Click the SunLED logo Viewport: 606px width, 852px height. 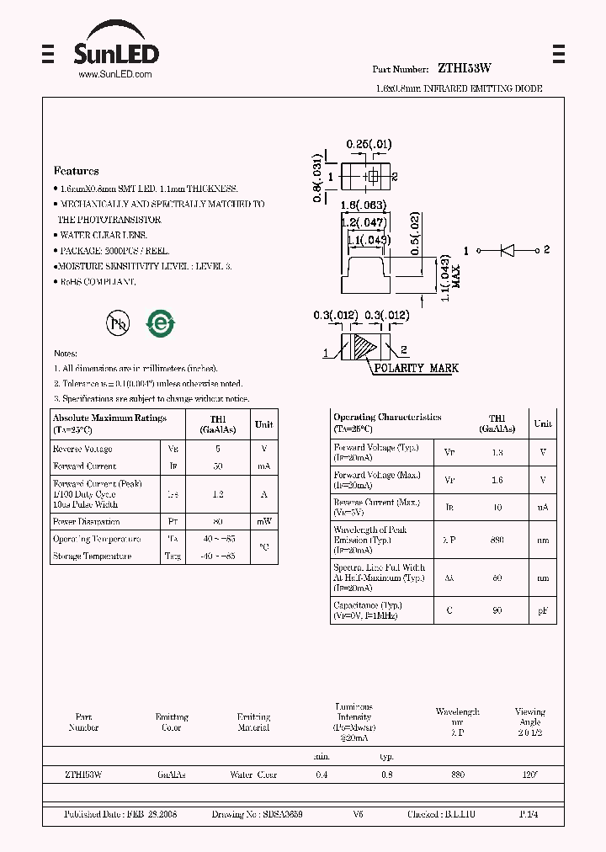(x=115, y=51)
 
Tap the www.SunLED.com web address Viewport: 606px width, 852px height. (x=115, y=75)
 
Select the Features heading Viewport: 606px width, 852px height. (x=76, y=171)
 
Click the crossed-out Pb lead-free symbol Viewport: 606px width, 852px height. (x=117, y=323)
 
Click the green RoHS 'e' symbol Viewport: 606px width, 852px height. (x=160, y=323)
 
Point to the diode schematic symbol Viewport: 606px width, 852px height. (x=508, y=250)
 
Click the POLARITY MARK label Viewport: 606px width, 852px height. (x=417, y=368)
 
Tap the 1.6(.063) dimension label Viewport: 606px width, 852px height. (x=363, y=205)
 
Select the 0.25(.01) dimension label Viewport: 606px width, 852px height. (x=369, y=144)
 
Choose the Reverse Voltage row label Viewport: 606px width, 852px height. (x=82, y=450)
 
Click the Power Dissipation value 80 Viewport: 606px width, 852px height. (x=218, y=522)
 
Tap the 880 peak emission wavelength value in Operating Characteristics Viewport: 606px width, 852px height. (x=497, y=540)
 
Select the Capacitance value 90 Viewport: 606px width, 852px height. (x=497, y=610)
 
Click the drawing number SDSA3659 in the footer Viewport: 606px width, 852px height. (x=282, y=815)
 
